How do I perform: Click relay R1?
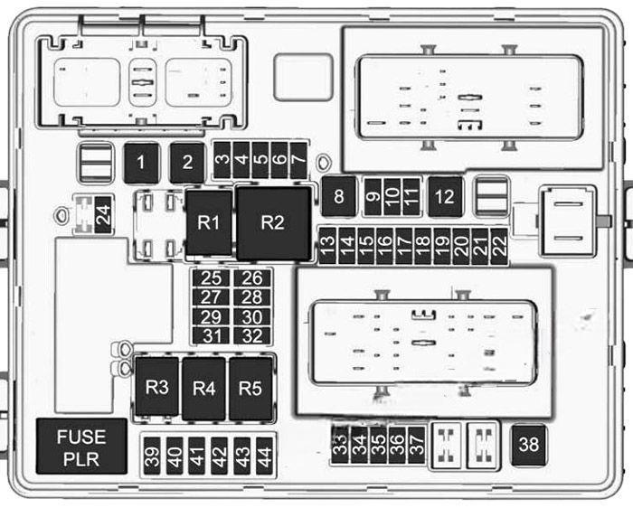pyautogui.click(x=209, y=222)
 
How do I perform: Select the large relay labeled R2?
pyautogui.click(x=274, y=223)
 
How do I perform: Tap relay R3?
pyautogui.click(x=157, y=386)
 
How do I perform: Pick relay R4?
pyautogui.click(x=203, y=389)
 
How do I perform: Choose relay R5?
pyautogui.click(x=250, y=389)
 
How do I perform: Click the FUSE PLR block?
pyautogui.click(x=81, y=447)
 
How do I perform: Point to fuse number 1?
pyautogui.click(x=141, y=163)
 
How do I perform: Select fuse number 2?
pyautogui.click(x=187, y=163)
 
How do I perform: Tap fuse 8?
pyautogui.click(x=339, y=196)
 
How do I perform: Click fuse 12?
pyautogui.click(x=445, y=196)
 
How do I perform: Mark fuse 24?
pyautogui.click(x=103, y=214)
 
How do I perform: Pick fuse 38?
pyautogui.click(x=529, y=445)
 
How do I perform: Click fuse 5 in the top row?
pyautogui.click(x=260, y=160)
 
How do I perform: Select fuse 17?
pyautogui.click(x=403, y=246)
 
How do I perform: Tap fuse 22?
pyautogui.click(x=499, y=246)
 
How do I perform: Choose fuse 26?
pyautogui.click(x=252, y=278)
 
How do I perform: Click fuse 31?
pyautogui.click(x=211, y=335)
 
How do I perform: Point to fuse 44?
pyautogui.click(x=264, y=456)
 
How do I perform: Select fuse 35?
pyautogui.click(x=378, y=445)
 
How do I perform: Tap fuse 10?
pyautogui.click(x=392, y=196)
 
